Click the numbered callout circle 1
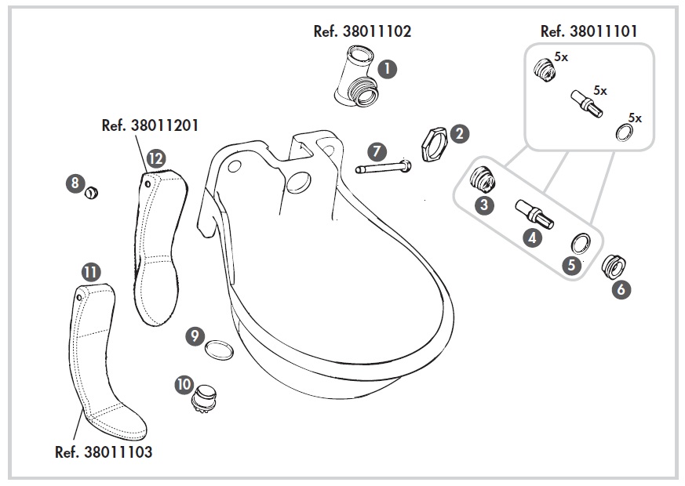point(387,68)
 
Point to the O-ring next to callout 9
point(219,349)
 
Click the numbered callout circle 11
point(91,272)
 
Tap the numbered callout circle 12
point(155,158)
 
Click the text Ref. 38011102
point(361,31)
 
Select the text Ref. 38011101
point(589,31)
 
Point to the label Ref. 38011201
point(150,125)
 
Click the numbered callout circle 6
point(621,288)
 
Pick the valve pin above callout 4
point(534,212)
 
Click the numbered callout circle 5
point(572,265)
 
